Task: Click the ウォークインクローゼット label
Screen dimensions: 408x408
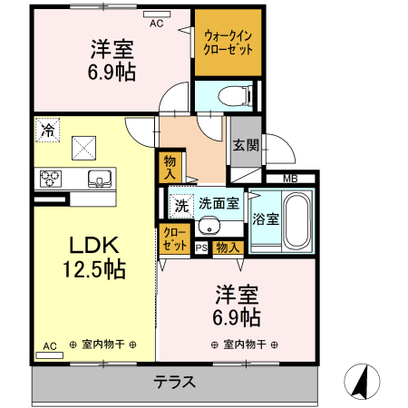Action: coord(228,43)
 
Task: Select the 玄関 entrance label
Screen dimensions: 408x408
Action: coord(245,144)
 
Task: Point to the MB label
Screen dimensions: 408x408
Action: coord(291,179)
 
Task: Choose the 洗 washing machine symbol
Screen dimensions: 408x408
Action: coord(181,206)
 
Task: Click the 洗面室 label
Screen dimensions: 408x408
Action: coord(219,205)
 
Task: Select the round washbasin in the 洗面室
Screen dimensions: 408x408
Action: coord(210,227)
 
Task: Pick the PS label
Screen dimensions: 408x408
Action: coord(200,247)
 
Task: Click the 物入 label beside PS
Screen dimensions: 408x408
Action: coord(228,247)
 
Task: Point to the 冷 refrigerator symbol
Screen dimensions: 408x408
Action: coord(46,130)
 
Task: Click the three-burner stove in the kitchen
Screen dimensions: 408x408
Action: coord(48,178)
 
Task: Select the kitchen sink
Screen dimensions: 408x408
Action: coord(97,179)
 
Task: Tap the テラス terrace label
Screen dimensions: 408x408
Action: coord(174,382)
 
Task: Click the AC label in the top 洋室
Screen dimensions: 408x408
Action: coord(156,23)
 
